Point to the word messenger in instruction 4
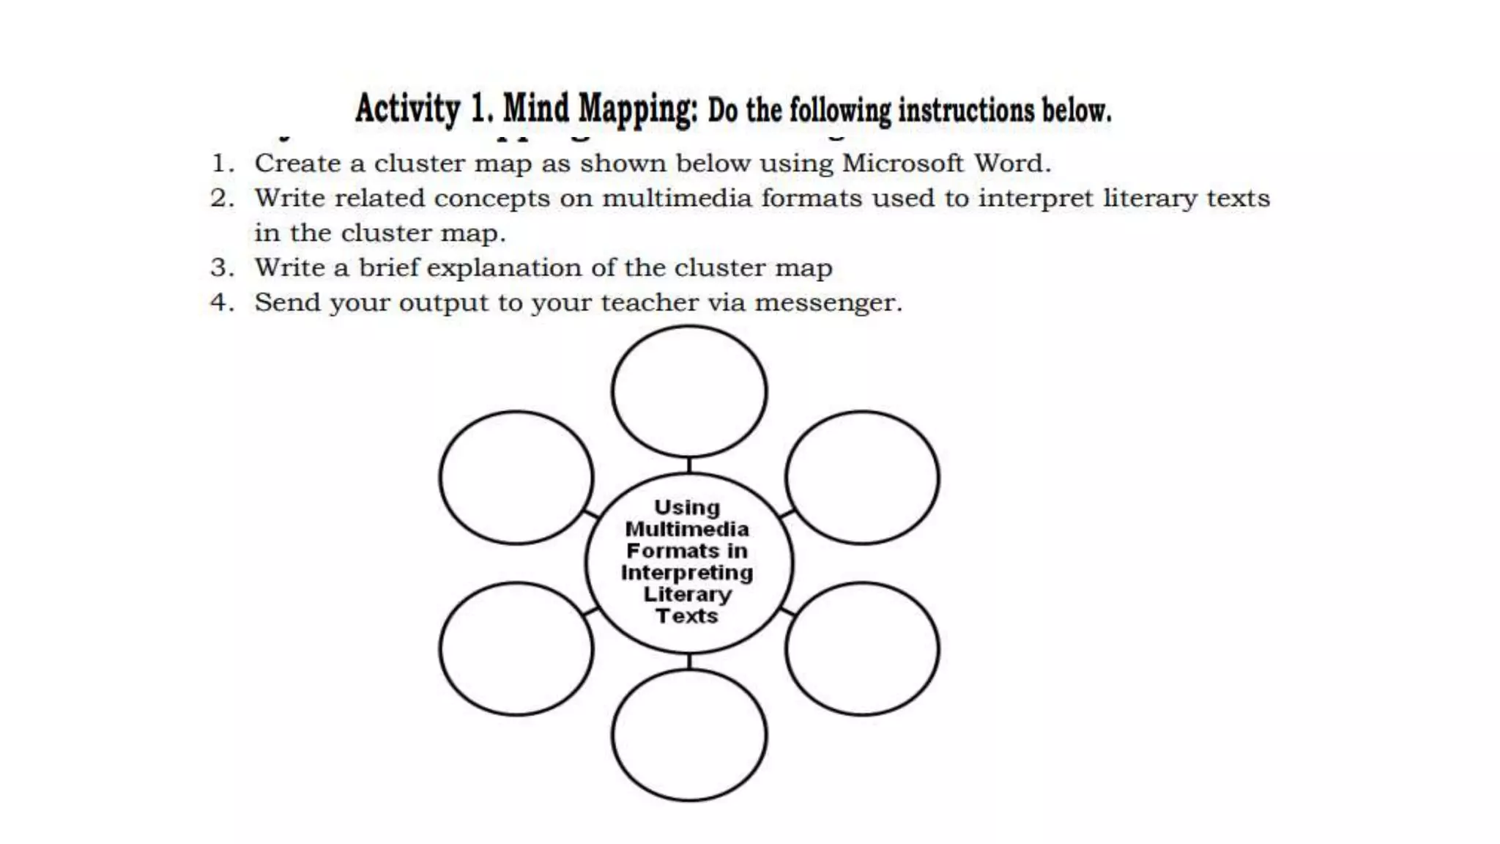pos(828,303)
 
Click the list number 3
pos(222,268)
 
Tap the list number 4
pos(222,303)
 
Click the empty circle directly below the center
pos(689,735)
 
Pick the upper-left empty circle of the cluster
pos(516,478)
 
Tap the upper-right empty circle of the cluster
pos(862,478)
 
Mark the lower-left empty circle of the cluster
pos(516,649)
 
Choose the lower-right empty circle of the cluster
pos(862,649)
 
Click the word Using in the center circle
pos(687,508)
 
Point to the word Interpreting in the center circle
pos(687,572)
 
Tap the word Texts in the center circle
pos(687,616)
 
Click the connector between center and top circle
pos(689,465)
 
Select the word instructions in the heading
pos(966,111)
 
